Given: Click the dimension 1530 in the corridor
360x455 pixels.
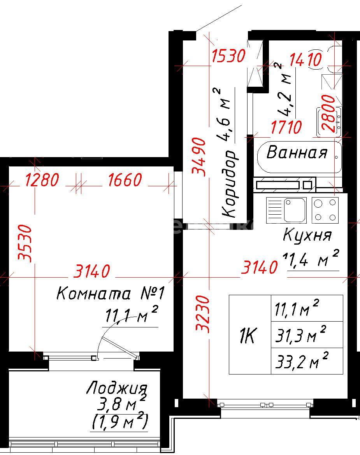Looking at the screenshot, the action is click(229, 56).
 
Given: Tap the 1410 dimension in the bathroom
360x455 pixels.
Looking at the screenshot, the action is click(306, 59).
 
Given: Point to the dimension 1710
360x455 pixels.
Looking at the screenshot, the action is click(286, 127).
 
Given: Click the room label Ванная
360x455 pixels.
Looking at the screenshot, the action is click(297, 152).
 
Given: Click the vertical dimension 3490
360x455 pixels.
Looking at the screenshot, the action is click(199, 157).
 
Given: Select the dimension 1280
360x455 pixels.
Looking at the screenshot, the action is click(42, 180).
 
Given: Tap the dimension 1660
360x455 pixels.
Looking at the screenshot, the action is click(125, 180).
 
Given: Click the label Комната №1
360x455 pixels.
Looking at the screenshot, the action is click(111, 293).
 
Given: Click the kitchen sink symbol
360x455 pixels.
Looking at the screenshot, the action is click(286, 210).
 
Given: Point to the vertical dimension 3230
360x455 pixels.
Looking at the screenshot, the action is click(203, 314).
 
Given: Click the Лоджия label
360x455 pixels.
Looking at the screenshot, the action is click(117, 388).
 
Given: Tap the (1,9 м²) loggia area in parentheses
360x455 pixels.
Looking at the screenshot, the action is click(120, 421).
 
